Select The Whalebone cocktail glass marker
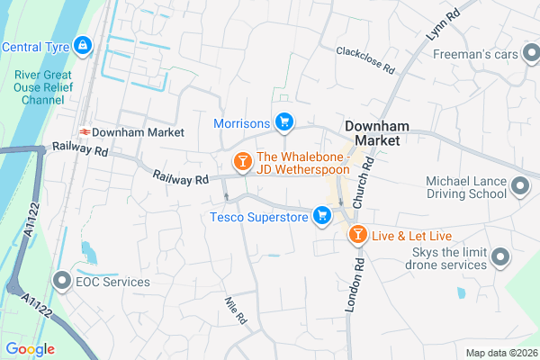pos(241,162)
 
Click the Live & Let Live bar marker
pos(357,236)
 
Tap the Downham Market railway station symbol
pos(82,130)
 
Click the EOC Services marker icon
pos(62,282)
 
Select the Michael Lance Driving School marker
pos(520,187)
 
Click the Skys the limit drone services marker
pos(501,258)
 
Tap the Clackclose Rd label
pos(365,59)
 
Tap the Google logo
pos(30,349)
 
